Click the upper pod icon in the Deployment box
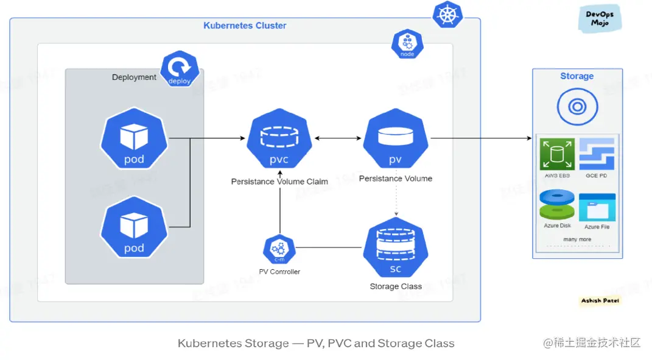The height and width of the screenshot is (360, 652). tap(134, 141)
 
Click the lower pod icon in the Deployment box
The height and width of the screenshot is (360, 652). tap(134, 230)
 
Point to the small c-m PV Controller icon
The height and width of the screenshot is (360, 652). tap(279, 250)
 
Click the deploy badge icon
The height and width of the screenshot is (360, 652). tap(180, 69)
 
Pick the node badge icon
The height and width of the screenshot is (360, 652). tap(407, 44)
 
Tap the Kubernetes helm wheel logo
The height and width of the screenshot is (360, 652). tap(447, 15)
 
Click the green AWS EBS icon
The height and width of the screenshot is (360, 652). tap(557, 155)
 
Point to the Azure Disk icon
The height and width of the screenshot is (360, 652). tap(557, 205)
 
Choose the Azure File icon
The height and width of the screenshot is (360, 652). tap(597, 208)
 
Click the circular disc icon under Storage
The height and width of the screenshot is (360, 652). tap(577, 107)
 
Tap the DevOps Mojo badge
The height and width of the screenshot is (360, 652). tap(600, 19)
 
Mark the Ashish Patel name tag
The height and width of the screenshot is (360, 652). tap(600, 301)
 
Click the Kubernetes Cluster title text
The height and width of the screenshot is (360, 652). tap(245, 26)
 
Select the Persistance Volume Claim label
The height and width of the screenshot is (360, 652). tap(279, 182)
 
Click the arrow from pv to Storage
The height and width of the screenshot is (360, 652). tap(481, 139)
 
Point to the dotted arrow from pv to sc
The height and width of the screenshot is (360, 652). tap(397, 201)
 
